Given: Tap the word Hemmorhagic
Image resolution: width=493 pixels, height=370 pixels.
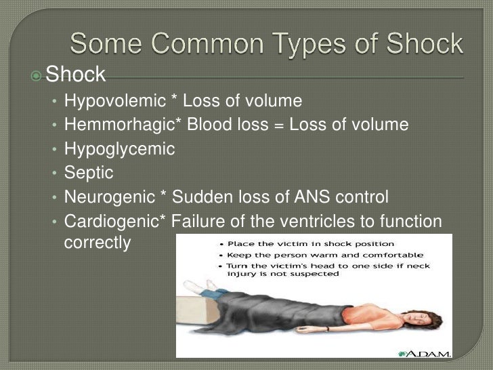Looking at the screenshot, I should [x=114, y=125].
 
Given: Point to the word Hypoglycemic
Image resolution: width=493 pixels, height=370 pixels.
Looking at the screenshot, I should [x=119, y=149].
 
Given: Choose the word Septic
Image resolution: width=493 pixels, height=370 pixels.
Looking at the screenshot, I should [x=89, y=173].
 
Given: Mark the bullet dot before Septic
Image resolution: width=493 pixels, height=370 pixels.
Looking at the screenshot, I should [x=55, y=173].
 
